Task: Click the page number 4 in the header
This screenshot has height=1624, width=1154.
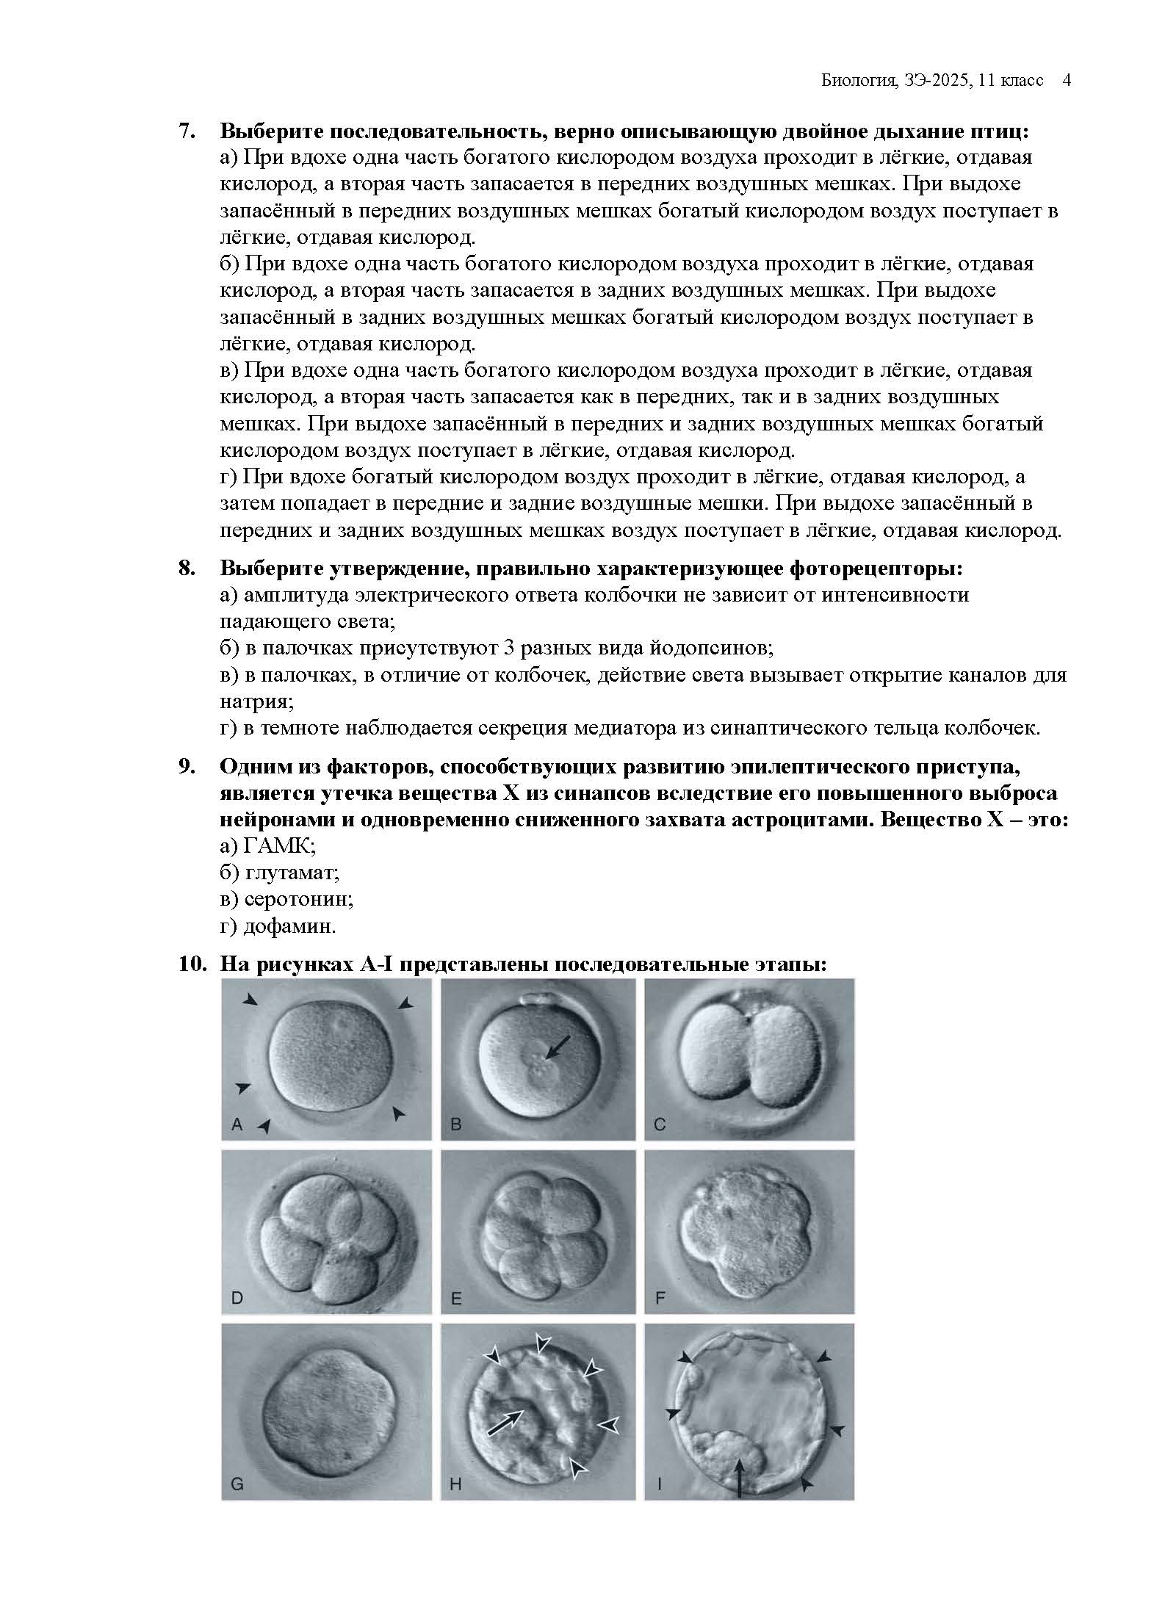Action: click(1066, 80)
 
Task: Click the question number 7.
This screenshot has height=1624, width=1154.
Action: click(187, 131)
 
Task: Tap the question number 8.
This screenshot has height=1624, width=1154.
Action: click(187, 569)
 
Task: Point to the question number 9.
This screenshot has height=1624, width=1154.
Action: click(187, 767)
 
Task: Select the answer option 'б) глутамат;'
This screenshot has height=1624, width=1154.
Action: click(279, 873)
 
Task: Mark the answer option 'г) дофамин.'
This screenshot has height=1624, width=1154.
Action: click(278, 926)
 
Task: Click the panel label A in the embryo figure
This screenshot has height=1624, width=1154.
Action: click(237, 1125)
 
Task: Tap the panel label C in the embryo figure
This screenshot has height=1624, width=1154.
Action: click(660, 1125)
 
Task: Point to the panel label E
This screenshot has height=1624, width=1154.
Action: click(456, 1299)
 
